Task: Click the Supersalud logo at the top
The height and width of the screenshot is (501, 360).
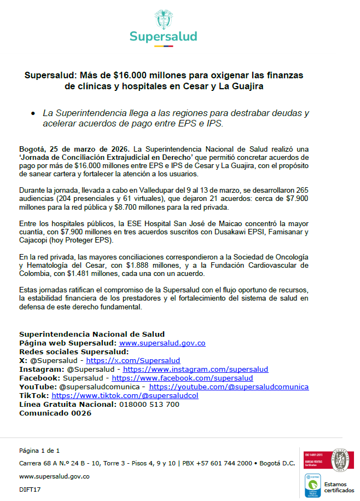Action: pos(164,27)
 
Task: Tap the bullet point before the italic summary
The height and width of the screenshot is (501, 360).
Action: pos(34,113)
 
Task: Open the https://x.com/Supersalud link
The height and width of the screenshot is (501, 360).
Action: pos(133,361)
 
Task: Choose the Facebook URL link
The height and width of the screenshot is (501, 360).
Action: pos(182,378)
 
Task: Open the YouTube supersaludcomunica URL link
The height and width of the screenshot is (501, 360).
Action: pos(229,387)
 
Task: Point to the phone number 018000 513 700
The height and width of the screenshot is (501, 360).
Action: pos(149,404)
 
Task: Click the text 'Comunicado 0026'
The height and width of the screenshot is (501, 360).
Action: pos(55,413)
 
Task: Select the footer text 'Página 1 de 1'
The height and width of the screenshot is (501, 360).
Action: pos(39,451)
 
